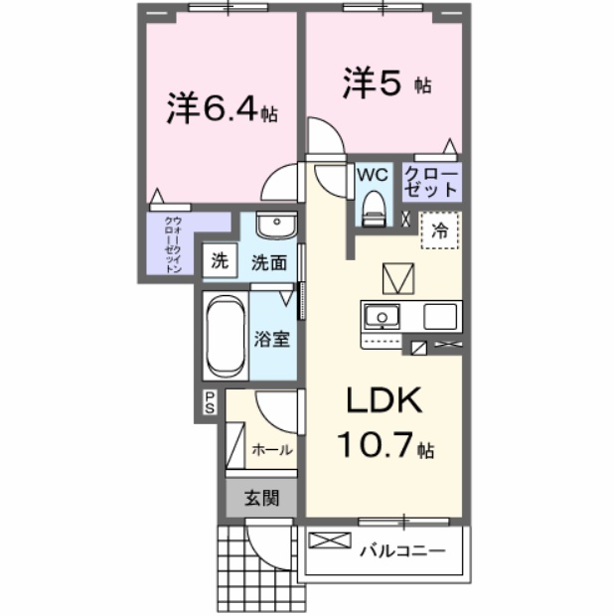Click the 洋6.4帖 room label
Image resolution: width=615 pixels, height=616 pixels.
click(x=222, y=108)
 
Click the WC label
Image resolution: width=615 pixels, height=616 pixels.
click(x=372, y=174)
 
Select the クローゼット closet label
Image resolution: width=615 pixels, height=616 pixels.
click(x=431, y=181)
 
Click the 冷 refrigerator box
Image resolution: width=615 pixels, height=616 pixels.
click(x=437, y=232)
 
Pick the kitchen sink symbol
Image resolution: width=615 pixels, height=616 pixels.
click(x=379, y=318)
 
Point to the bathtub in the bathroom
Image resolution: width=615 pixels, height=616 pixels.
click(x=225, y=336)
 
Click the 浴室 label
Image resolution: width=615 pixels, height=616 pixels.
click(x=273, y=338)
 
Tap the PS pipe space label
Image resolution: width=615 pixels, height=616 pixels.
click(x=210, y=402)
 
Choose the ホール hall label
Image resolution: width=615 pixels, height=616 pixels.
click(x=271, y=449)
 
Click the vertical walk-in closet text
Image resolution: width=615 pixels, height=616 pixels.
click(x=173, y=243)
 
